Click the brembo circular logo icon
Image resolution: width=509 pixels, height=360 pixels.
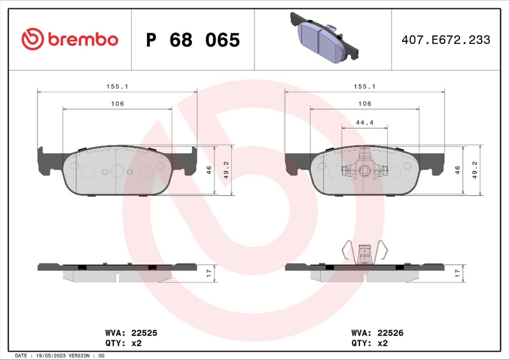click(32, 40)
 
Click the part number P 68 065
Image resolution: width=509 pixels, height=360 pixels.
click(193, 40)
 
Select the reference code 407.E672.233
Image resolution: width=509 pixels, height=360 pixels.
click(445, 40)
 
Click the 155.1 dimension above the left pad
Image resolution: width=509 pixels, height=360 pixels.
click(116, 86)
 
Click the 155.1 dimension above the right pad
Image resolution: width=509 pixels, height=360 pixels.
click(365, 86)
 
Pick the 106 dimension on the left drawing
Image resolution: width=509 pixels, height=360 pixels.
click(117, 104)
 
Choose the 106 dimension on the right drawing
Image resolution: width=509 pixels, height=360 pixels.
click(365, 104)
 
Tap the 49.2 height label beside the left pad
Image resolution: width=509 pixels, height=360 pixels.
click(225, 170)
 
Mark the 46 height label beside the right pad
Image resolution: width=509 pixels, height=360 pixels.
click(457, 170)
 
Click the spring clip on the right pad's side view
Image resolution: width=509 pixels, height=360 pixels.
click(365, 253)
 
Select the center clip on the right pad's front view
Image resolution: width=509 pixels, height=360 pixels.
click(365, 167)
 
